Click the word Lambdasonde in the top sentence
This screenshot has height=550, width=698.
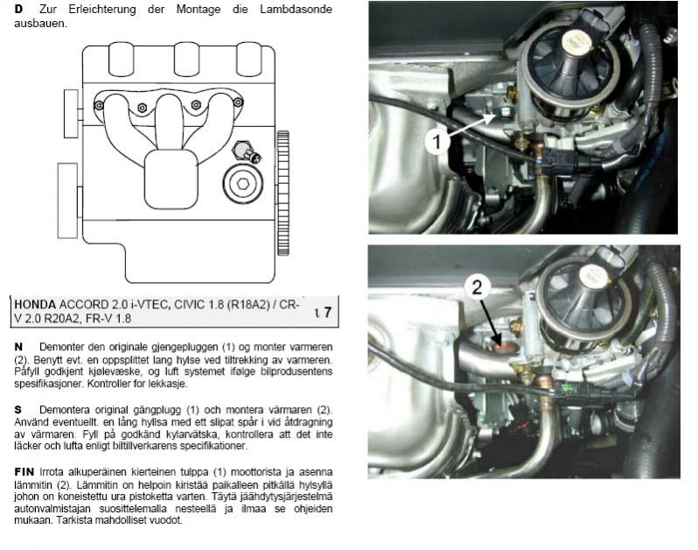(x=296, y=10)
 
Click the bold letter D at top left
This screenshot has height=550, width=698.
(x=18, y=10)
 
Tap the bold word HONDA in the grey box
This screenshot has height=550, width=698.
(x=35, y=305)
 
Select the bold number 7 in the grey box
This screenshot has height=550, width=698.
(x=327, y=312)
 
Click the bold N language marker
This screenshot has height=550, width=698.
(x=18, y=347)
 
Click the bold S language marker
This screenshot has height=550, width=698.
(x=17, y=410)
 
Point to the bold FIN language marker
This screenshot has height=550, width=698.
(x=24, y=471)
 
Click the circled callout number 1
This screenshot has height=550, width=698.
(x=436, y=142)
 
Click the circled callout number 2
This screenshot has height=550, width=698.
(x=477, y=288)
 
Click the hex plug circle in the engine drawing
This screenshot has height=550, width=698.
(x=242, y=184)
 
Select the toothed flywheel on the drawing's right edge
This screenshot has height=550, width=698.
(x=283, y=193)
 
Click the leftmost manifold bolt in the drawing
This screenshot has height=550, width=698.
(x=99, y=106)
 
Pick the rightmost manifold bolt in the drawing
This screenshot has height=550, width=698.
(x=238, y=102)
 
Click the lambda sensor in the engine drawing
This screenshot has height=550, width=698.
(x=247, y=152)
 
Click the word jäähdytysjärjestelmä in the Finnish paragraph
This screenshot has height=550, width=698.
(x=287, y=497)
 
